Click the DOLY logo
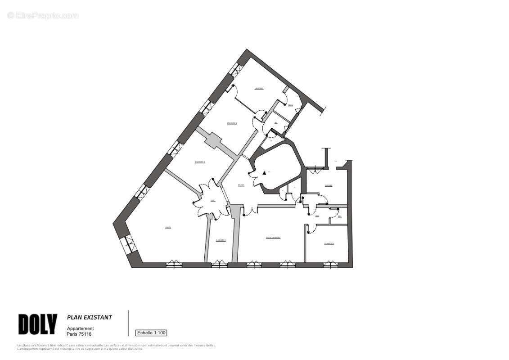point(38,324)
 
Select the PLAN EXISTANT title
point(90,317)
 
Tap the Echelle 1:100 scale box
point(151,333)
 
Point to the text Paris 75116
point(79,334)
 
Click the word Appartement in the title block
point(81,328)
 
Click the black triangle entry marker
point(264,172)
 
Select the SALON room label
point(168,227)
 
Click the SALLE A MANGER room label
point(273,238)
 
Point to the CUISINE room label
point(329,185)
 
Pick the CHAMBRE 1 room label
point(329,243)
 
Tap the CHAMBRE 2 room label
point(221,240)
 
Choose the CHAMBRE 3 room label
point(200,162)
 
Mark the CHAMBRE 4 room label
point(232,123)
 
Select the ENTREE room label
point(241,185)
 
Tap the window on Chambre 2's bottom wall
point(219,265)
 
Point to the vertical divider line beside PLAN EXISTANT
point(128,323)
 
